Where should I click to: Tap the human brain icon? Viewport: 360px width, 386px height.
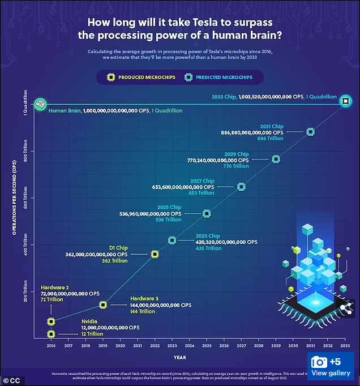40,104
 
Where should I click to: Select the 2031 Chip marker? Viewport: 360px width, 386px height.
310,132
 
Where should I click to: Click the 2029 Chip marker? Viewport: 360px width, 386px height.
276,159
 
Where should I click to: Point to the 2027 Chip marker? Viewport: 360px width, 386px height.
242,186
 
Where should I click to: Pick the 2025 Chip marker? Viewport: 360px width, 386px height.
207,213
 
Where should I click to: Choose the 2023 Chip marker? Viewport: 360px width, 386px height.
172,241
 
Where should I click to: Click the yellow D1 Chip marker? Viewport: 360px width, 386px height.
155,254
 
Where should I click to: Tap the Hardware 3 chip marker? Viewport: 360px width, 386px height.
103,304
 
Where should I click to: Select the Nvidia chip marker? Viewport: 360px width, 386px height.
51,334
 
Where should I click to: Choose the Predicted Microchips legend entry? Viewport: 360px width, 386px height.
218,76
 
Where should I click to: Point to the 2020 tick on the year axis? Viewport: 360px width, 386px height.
120,345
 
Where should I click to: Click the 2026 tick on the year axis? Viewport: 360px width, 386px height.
224,345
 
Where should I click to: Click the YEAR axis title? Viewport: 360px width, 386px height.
179,357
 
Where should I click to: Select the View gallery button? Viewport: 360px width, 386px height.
331,367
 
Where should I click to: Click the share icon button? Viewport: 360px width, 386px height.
344,308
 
